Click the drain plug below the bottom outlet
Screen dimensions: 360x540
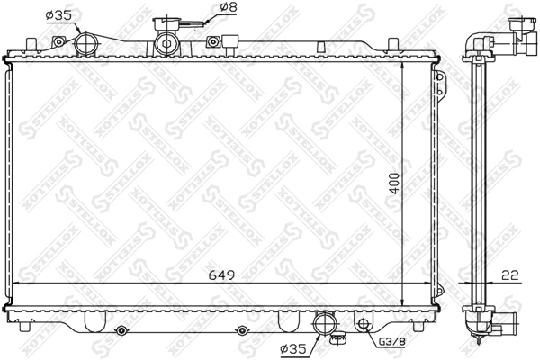(339, 339)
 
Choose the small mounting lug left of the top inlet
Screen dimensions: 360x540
(58, 41)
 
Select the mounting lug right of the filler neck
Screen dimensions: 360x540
(215, 40)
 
